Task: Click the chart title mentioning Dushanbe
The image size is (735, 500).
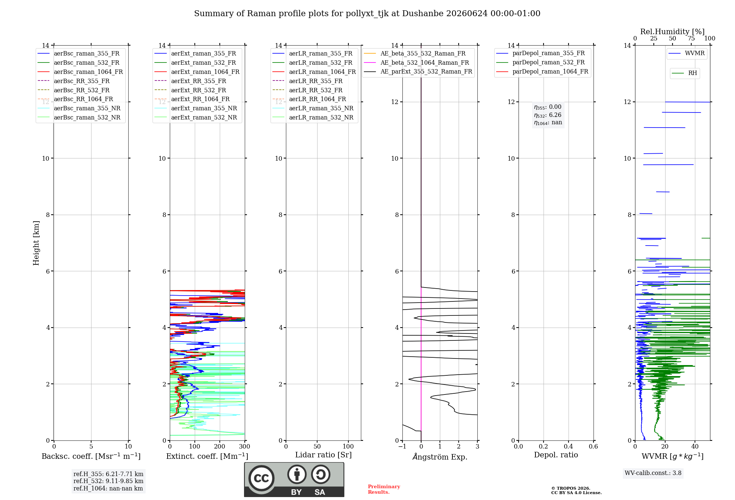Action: (x=367, y=14)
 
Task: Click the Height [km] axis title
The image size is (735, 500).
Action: (x=36, y=243)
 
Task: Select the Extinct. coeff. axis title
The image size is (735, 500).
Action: (x=207, y=456)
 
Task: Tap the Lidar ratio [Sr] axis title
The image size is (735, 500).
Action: (x=323, y=455)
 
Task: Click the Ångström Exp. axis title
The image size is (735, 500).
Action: (x=440, y=457)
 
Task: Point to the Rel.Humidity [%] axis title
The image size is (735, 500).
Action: (x=673, y=32)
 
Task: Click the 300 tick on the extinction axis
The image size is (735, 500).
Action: (x=244, y=447)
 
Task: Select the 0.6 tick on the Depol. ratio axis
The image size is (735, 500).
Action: (x=593, y=447)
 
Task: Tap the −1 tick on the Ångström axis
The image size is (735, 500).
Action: (x=402, y=447)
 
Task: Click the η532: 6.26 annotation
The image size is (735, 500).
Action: (x=548, y=115)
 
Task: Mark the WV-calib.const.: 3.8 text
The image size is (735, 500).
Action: (x=653, y=473)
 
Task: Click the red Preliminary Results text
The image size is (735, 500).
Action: (x=384, y=489)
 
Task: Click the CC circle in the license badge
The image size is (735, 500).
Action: (x=261, y=478)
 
